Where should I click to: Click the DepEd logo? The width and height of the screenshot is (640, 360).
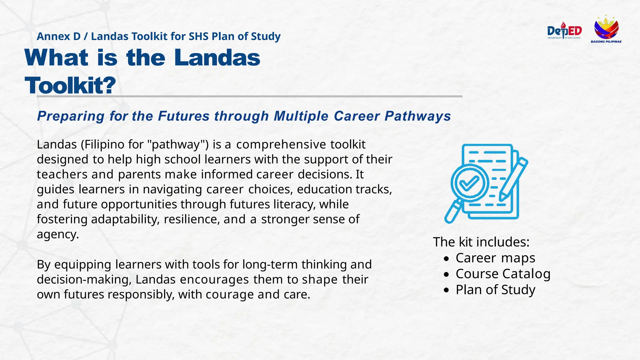[564, 31]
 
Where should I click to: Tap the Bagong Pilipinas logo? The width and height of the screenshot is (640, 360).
[606, 29]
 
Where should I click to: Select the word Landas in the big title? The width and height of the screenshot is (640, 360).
[217, 58]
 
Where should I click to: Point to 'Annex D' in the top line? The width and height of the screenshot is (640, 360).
[58, 37]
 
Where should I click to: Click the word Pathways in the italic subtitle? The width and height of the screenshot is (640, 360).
[417, 116]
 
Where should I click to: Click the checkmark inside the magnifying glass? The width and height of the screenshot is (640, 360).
[469, 183]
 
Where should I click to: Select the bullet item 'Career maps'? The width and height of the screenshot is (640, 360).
[495, 258]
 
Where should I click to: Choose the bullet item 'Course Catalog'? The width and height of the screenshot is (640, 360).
[503, 274]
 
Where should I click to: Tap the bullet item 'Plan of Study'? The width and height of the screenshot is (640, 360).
[495, 290]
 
